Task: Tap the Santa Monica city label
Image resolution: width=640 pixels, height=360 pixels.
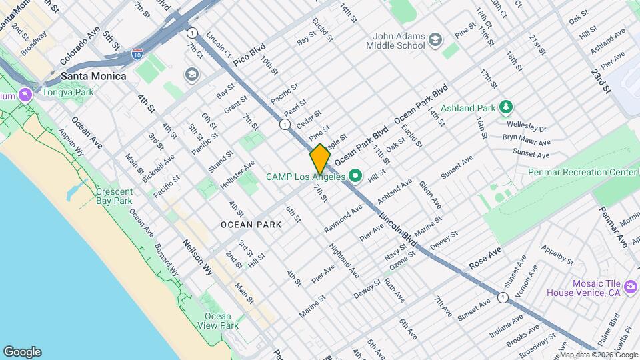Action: (93, 76)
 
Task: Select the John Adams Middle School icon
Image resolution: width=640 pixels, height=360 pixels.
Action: (435, 40)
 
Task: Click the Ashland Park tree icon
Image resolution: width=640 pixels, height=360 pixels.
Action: (507, 107)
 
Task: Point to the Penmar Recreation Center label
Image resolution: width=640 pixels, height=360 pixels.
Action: (582, 172)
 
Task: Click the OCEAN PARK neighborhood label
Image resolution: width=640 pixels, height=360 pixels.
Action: (251, 225)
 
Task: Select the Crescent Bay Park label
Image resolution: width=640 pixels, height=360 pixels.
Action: (114, 195)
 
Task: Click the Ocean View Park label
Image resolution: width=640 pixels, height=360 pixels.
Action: (217, 321)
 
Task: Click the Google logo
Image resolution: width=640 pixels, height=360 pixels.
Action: (22, 352)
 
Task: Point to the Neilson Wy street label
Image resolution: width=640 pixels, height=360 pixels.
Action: (198, 254)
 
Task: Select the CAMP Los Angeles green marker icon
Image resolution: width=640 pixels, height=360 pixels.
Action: (355, 177)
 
